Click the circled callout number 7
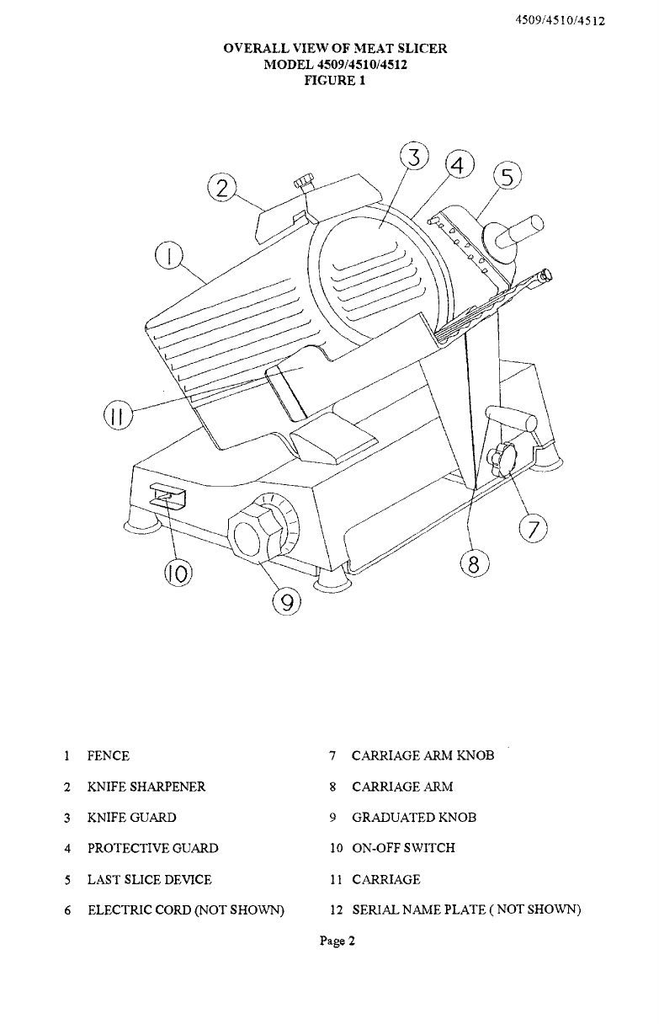point(534,529)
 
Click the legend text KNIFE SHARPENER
point(146,787)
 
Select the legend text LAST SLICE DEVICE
point(150,879)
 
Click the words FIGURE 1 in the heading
point(334,82)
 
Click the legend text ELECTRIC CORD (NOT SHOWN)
point(186,910)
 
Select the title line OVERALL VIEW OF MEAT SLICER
point(335,49)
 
